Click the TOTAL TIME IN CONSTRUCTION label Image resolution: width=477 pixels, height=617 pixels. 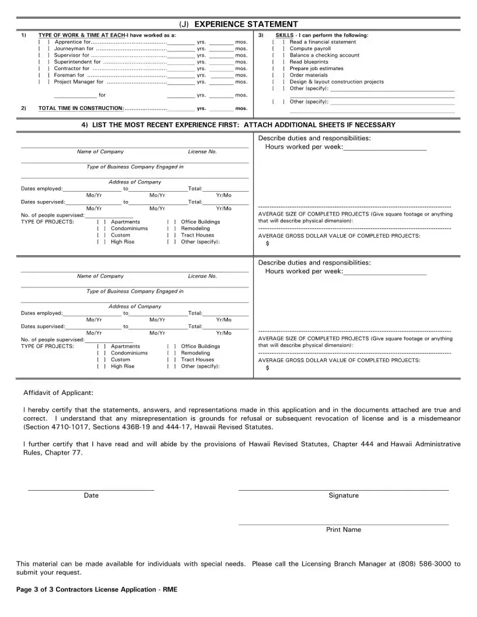click(x=81, y=109)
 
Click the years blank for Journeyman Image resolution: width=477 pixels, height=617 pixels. click(x=181, y=49)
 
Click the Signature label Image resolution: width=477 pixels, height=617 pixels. click(x=343, y=495)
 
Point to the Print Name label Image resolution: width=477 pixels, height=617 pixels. click(x=343, y=530)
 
